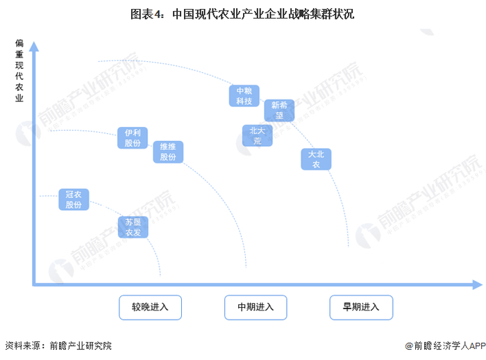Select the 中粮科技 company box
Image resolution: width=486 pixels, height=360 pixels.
click(244, 96)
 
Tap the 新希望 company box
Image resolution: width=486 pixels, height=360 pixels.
click(279, 111)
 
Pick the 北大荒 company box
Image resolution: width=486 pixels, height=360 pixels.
click(258, 136)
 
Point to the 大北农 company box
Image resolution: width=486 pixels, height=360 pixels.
click(316, 159)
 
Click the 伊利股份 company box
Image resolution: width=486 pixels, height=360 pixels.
click(132, 138)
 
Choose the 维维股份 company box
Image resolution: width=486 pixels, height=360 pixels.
click(168, 152)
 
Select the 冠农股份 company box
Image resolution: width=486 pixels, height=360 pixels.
click(74, 199)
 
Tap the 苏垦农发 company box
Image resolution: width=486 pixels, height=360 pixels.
click(133, 227)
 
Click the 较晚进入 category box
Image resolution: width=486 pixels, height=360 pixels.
click(150, 306)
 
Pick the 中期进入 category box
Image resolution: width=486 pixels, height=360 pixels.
click(255, 306)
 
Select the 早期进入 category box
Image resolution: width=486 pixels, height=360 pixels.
click(360, 306)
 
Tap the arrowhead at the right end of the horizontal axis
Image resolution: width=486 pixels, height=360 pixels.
click(476, 284)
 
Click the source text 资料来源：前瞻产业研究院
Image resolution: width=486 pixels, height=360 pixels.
click(58, 345)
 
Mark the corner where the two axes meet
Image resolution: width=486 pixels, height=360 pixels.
click(33, 284)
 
